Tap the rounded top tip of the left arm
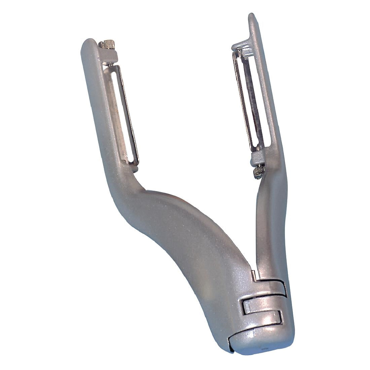[x=88, y=45]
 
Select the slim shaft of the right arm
[x=266, y=219]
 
